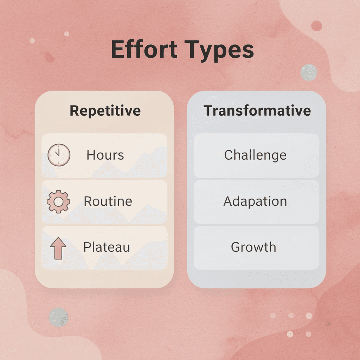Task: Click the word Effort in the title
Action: (x=143, y=50)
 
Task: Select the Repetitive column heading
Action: (x=105, y=111)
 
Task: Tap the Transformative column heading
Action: (x=257, y=111)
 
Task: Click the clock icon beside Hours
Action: (x=58, y=155)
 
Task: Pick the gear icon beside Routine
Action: (x=58, y=201)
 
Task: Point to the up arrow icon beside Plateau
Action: (x=58, y=247)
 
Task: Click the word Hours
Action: (x=105, y=155)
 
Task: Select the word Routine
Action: (x=108, y=201)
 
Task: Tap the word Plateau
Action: (x=107, y=247)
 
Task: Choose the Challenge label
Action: (x=255, y=155)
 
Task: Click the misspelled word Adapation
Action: (x=255, y=201)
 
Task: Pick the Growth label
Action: (x=253, y=247)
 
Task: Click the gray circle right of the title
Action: (x=309, y=72)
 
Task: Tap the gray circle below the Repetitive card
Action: (x=58, y=317)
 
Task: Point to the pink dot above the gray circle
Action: (x=316, y=26)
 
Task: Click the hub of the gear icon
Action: (x=58, y=201)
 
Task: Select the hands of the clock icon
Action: (x=58, y=153)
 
